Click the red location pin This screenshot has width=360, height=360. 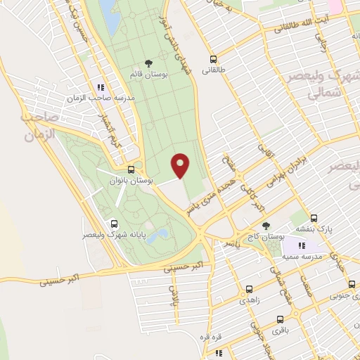click(181, 165)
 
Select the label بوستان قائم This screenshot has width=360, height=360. click(147, 73)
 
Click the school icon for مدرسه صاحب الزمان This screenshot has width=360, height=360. click(101, 87)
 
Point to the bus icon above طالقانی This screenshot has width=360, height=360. click(213, 59)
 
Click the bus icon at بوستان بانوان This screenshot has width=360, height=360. click(131, 169)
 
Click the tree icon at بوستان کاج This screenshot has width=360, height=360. click(266, 226)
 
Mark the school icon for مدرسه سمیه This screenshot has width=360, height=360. click(302, 245)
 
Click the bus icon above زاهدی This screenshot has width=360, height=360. click(250, 289)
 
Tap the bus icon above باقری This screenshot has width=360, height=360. click(279, 319)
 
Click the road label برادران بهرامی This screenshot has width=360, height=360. click(289, 169)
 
